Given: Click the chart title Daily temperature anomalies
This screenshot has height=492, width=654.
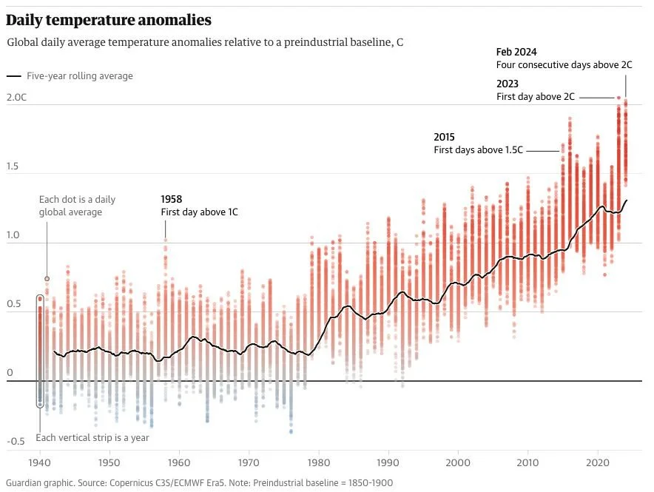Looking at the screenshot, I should click(x=109, y=20).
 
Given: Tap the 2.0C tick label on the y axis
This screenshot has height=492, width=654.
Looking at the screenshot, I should click(x=16, y=98).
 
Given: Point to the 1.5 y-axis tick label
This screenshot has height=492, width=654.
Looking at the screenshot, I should click(x=13, y=167).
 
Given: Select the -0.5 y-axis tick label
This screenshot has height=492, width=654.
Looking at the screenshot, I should click(x=16, y=442).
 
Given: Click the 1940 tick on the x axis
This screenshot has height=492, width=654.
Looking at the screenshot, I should click(x=40, y=460).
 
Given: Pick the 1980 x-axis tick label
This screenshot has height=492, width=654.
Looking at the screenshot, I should click(x=319, y=460).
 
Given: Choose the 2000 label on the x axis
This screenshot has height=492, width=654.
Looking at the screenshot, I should click(x=458, y=460).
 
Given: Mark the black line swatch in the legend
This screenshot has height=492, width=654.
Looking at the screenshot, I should click(x=13, y=76).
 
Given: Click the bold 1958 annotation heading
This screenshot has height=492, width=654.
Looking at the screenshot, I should click(x=172, y=200).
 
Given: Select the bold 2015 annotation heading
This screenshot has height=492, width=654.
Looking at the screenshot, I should click(x=444, y=138).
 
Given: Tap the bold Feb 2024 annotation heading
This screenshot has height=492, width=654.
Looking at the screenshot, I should click(x=516, y=52).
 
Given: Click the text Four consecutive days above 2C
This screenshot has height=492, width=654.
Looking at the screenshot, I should click(x=564, y=64).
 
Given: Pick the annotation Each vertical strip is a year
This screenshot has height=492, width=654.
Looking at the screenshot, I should click(x=92, y=437).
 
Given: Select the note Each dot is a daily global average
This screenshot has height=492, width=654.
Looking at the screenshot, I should click(x=77, y=206).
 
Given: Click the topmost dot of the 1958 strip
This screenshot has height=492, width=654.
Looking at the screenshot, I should click(x=165, y=240).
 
